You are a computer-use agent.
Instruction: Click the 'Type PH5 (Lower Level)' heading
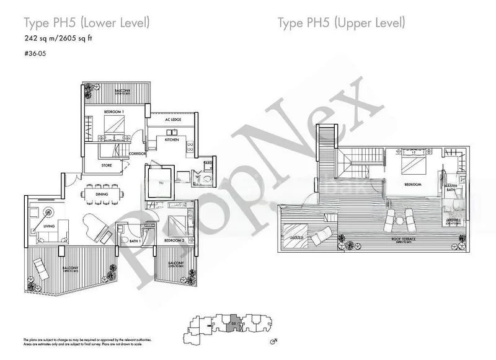[x=86, y=24]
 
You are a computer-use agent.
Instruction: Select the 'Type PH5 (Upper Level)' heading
[x=341, y=24]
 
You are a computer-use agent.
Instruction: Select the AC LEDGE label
[x=172, y=120]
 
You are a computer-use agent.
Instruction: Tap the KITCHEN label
[x=172, y=140]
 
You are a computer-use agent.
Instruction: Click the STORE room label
[x=107, y=165]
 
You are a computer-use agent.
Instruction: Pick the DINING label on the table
[x=102, y=195]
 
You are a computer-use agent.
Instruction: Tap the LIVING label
[x=49, y=227]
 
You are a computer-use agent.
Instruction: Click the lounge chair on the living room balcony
[x=41, y=268]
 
